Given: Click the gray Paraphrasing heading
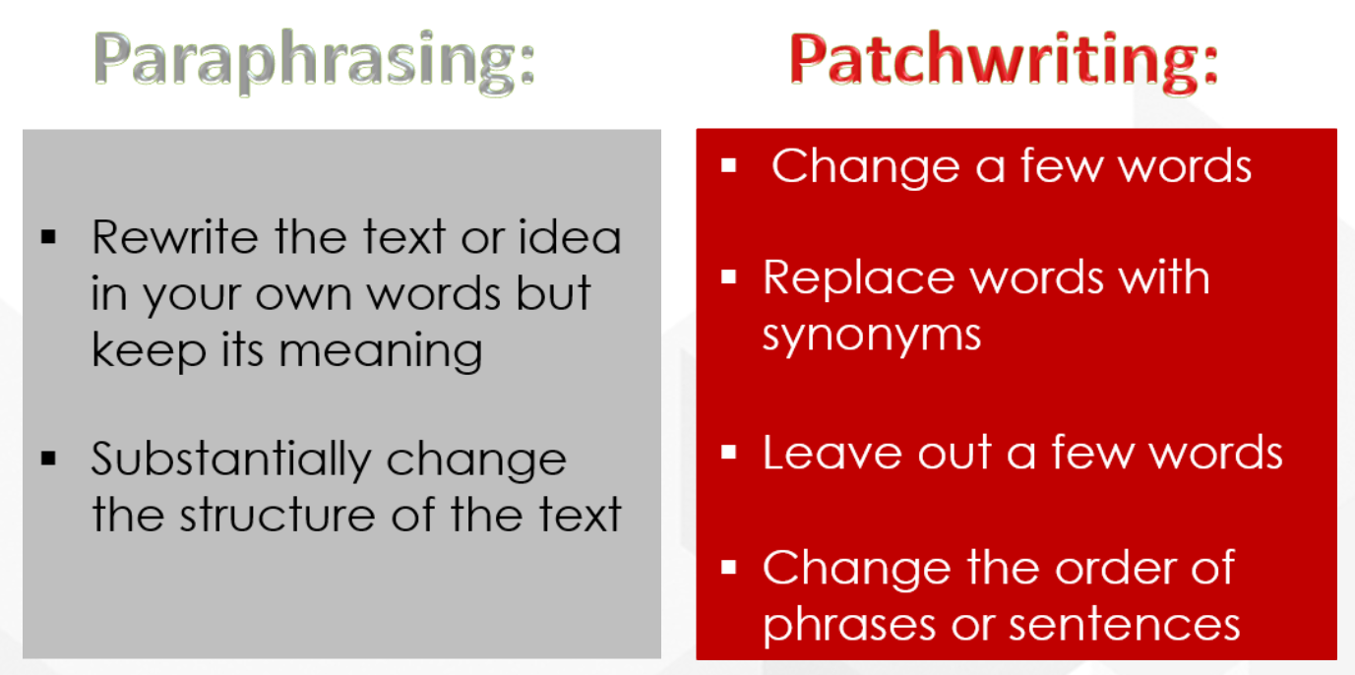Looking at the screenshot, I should (315, 62).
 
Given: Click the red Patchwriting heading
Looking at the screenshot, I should (1004, 62).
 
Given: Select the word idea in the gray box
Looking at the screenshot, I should (572, 237).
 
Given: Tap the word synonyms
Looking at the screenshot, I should (872, 335).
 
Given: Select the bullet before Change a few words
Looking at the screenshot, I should (729, 165).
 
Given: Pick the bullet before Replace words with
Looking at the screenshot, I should (729, 278).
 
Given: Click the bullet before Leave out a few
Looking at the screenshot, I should (729, 453).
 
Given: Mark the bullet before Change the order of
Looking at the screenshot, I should (729, 568).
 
